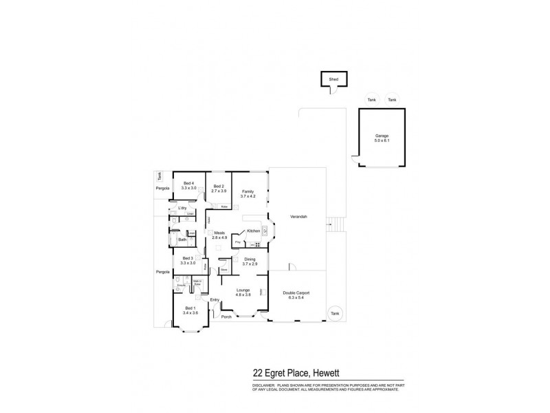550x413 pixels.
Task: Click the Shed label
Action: coord(334,79)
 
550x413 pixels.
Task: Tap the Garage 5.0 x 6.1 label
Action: coord(382,138)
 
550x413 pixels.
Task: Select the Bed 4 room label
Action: coord(189,185)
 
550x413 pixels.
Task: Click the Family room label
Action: coord(248,193)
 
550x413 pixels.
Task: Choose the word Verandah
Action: coord(298,217)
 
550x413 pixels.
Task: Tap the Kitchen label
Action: coord(252,231)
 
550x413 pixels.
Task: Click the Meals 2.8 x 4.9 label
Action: coord(220,235)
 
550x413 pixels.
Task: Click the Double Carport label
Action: coord(296,295)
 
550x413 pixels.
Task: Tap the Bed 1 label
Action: coord(190,310)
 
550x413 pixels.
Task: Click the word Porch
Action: coord(227,317)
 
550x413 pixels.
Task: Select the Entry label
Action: coord(214,300)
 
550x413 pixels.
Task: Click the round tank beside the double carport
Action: coord(335,313)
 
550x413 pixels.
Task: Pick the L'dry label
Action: coord(182,208)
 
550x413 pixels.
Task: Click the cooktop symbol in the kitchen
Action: coord(258,244)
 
